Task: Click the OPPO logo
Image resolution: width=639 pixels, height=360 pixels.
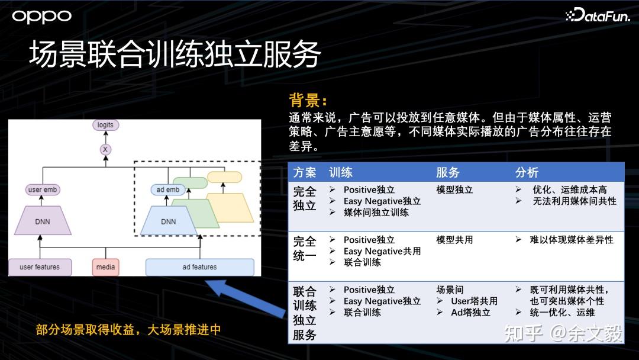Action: click(x=41, y=17)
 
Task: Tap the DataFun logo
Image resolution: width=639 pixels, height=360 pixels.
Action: click(x=598, y=15)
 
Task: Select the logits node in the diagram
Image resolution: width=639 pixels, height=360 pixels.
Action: click(x=105, y=125)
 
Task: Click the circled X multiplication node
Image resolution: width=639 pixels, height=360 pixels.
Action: click(x=105, y=149)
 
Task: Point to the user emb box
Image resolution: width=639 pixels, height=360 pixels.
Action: click(x=43, y=189)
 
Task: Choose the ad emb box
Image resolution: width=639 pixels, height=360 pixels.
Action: click(x=168, y=189)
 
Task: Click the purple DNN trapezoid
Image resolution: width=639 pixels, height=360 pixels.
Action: click(x=43, y=221)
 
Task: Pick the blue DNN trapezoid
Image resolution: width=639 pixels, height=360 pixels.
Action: click(x=168, y=221)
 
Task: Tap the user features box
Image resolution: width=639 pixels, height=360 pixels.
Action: click(x=40, y=267)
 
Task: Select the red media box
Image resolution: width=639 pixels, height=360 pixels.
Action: click(x=105, y=267)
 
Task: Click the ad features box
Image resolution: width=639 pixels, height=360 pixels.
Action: click(x=200, y=267)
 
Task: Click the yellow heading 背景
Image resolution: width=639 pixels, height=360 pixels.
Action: click(x=308, y=100)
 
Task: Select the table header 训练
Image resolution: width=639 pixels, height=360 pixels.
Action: click(x=341, y=172)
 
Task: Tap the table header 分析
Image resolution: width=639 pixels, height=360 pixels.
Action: click(x=527, y=172)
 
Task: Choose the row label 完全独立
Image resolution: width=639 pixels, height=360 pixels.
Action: click(x=305, y=198)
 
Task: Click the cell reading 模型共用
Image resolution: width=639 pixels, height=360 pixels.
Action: click(x=454, y=240)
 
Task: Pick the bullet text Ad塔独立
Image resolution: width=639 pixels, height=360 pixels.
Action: click(x=470, y=313)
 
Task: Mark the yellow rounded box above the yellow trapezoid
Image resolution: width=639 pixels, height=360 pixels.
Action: click(x=225, y=177)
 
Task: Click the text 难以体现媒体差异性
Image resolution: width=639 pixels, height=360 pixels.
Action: click(x=572, y=240)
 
